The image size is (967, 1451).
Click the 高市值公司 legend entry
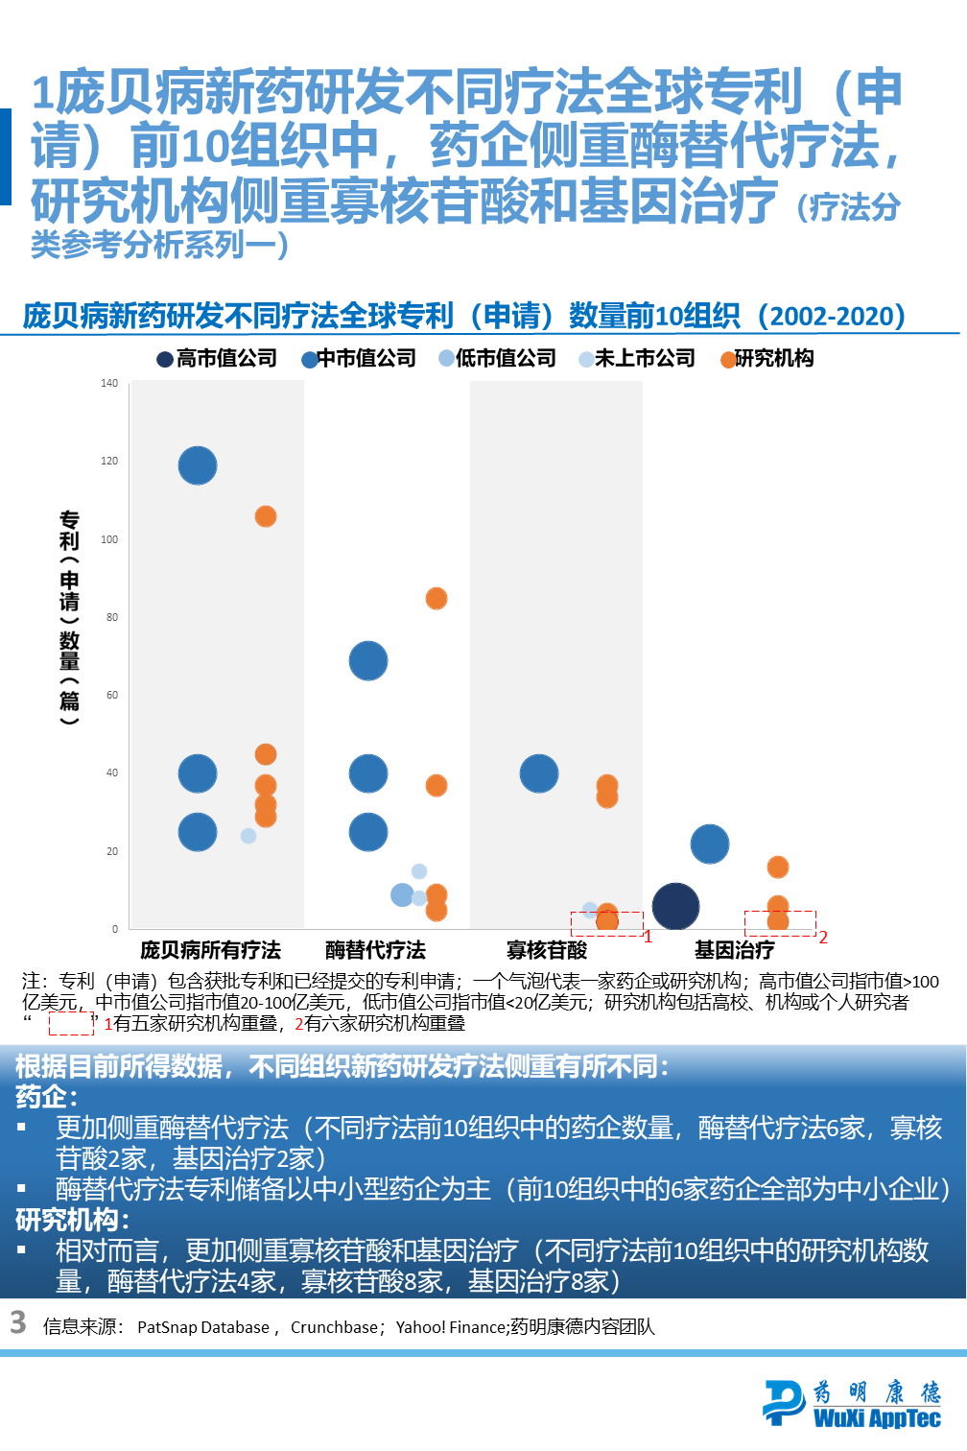218,358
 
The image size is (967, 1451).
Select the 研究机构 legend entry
767,358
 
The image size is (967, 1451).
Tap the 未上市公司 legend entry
637,358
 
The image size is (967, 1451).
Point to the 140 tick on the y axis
109,383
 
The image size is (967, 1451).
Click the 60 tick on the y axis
112,695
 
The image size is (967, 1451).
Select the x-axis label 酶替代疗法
375,950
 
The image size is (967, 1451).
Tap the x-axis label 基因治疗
734,950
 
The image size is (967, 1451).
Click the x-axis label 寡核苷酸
547,950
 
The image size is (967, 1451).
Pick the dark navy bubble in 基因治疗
675,906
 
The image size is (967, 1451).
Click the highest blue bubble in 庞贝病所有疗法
198,465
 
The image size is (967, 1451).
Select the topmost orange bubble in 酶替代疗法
436,598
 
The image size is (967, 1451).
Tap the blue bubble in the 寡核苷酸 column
539,773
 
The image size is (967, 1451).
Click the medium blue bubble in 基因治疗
710,844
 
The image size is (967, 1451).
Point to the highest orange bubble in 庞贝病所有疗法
266,516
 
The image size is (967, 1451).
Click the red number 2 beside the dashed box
823,937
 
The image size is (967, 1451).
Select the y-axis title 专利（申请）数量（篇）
69,617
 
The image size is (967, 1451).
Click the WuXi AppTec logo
852,1403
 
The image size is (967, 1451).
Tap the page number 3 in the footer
18,1322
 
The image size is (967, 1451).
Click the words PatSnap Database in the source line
203,1327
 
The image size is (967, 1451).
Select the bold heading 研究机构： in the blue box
73,1220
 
